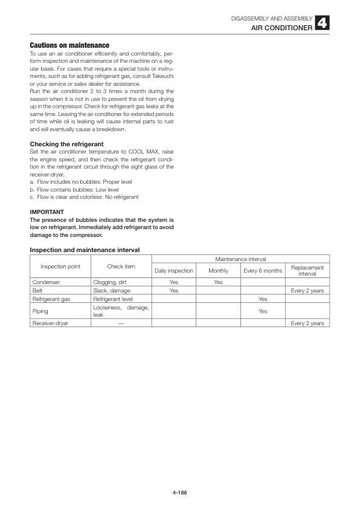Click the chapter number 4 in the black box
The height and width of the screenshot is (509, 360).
[322, 24]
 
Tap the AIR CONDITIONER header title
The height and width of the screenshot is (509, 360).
[281, 28]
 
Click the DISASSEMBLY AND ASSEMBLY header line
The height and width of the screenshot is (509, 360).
[271, 19]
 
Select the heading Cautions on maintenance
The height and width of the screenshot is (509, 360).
[69, 45]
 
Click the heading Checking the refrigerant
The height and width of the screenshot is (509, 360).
[67, 143]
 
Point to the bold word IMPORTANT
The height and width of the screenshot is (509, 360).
[47, 212]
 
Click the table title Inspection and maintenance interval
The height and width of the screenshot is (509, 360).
[85, 250]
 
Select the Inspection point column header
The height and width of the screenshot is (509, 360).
[60, 267]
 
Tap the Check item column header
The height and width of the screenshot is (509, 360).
[121, 267]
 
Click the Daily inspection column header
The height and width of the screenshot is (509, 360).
[174, 271]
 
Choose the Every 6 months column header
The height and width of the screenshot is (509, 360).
[263, 271]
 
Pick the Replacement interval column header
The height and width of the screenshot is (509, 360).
[307, 271]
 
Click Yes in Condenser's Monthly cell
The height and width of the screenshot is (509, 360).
[218, 282]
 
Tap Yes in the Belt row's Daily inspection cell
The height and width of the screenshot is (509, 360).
[174, 291]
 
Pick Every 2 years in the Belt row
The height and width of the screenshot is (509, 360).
[307, 291]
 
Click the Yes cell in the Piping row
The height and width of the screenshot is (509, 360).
[263, 311]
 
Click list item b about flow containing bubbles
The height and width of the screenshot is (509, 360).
[74, 189]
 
